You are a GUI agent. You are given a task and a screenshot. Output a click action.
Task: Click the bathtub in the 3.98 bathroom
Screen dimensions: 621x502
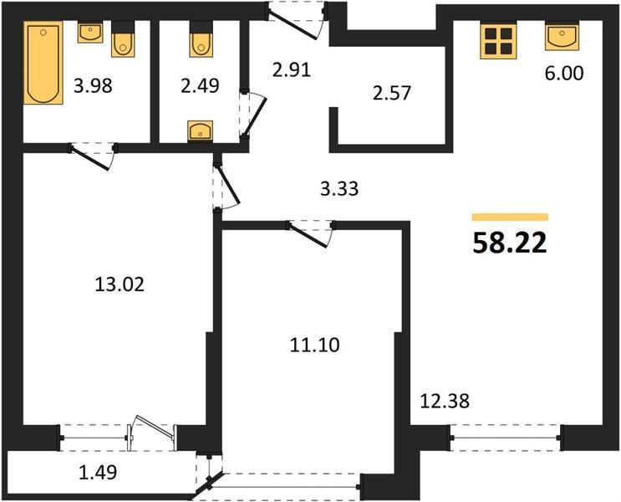43,63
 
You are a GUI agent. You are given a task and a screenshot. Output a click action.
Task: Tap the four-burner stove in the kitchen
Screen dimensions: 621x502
498,42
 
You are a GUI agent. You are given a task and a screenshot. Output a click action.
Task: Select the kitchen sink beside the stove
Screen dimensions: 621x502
562,37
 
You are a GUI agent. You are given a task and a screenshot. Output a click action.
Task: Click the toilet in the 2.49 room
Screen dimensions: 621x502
201,38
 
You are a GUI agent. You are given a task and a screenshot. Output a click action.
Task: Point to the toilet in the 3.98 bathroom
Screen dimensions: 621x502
123,38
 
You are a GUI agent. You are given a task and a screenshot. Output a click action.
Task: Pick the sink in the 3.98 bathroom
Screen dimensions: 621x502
90,33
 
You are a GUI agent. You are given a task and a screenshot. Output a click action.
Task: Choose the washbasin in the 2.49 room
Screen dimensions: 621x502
200,131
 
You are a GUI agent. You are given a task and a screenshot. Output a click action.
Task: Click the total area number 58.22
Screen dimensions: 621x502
510,243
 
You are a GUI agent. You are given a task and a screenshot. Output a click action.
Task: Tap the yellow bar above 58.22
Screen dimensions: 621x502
510,217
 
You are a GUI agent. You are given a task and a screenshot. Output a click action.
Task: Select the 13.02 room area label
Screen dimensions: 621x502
120,284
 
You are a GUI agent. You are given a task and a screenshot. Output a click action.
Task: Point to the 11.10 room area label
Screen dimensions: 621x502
315,345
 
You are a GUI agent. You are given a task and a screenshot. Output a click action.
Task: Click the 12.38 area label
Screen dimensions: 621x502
445,401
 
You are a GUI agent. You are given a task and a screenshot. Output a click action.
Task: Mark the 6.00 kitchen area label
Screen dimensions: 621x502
564,74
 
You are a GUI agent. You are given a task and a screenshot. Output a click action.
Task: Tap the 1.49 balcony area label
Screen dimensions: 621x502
98,472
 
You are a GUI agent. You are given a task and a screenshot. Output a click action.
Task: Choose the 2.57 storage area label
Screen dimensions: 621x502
392,93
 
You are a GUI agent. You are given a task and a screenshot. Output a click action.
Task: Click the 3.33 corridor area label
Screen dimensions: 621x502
339,189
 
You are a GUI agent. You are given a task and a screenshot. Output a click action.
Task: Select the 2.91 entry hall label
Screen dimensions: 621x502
292,70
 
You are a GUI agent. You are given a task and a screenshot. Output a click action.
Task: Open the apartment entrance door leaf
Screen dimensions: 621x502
293,24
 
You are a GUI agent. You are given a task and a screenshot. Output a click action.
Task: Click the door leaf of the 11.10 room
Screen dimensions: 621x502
308,236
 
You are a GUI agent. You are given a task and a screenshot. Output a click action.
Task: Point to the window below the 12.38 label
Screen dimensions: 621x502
506,438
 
